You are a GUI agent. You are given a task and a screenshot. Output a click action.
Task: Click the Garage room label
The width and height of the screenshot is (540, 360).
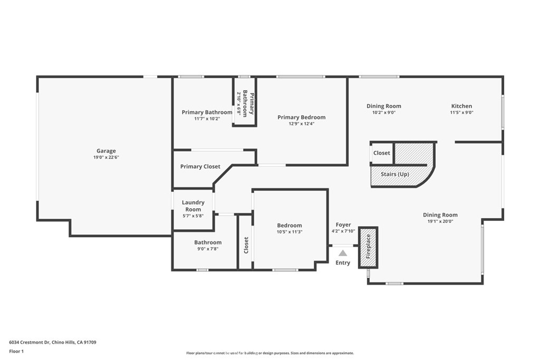click(x=106, y=151)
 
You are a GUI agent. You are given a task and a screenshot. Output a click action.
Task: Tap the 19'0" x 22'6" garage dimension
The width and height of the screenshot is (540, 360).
click(x=106, y=157)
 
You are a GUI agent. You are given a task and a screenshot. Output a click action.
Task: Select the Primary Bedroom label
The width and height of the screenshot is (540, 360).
click(x=301, y=118)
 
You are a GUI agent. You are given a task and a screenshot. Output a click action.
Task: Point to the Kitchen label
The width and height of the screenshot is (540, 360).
click(x=461, y=106)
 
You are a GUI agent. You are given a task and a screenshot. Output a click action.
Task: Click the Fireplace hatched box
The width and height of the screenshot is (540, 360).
click(x=368, y=247)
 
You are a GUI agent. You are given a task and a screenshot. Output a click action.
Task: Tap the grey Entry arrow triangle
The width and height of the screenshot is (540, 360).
click(x=343, y=254)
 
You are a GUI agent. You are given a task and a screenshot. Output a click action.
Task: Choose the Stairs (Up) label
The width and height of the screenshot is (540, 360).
click(x=394, y=174)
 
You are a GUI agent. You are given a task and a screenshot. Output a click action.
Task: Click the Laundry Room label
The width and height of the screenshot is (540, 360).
click(x=193, y=206)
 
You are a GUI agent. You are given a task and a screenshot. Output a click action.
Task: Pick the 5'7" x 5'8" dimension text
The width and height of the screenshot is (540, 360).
click(x=193, y=216)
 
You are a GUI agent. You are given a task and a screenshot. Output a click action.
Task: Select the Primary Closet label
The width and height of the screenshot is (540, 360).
click(x=200, y=167)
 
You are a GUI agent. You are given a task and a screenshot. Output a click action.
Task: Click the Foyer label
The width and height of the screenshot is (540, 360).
click(x=343, y=225)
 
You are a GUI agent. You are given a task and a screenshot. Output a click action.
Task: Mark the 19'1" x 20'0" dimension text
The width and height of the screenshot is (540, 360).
click(x=440, y=221)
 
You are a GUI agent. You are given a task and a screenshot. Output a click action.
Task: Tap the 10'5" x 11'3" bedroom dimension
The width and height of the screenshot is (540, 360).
click(x=290, y=231)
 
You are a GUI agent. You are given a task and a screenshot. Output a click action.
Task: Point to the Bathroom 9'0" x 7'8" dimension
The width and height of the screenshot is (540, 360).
click(x=208, y=249)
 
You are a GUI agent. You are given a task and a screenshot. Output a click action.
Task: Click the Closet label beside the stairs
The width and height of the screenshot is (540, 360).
click(x=382, y=153)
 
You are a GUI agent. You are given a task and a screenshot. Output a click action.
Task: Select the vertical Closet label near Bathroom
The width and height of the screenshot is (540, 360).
click(x=246, y=245)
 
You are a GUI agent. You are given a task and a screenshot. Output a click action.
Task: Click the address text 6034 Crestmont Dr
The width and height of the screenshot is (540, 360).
click(x=30, y=343)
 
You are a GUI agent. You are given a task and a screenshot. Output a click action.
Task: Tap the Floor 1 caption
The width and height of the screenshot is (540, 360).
click(x=16, y=352)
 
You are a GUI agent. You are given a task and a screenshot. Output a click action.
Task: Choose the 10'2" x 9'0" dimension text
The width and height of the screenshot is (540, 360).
click(x=384, y=112)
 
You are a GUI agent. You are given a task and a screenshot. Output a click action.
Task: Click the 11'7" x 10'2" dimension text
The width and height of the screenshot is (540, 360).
click(x=207, y=119)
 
